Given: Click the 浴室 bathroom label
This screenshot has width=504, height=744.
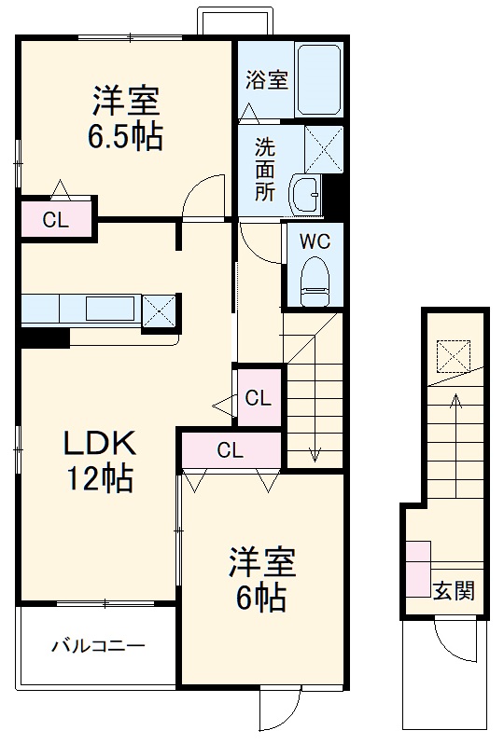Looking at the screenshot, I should pos(266,80).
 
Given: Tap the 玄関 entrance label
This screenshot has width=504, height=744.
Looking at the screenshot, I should pos(454,589).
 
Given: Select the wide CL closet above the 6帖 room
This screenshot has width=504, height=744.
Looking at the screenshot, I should pos(231,450).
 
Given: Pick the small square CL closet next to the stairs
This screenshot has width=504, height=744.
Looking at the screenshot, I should pos(259,398).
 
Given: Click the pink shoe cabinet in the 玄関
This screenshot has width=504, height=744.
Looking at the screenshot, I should pos(417,569).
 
